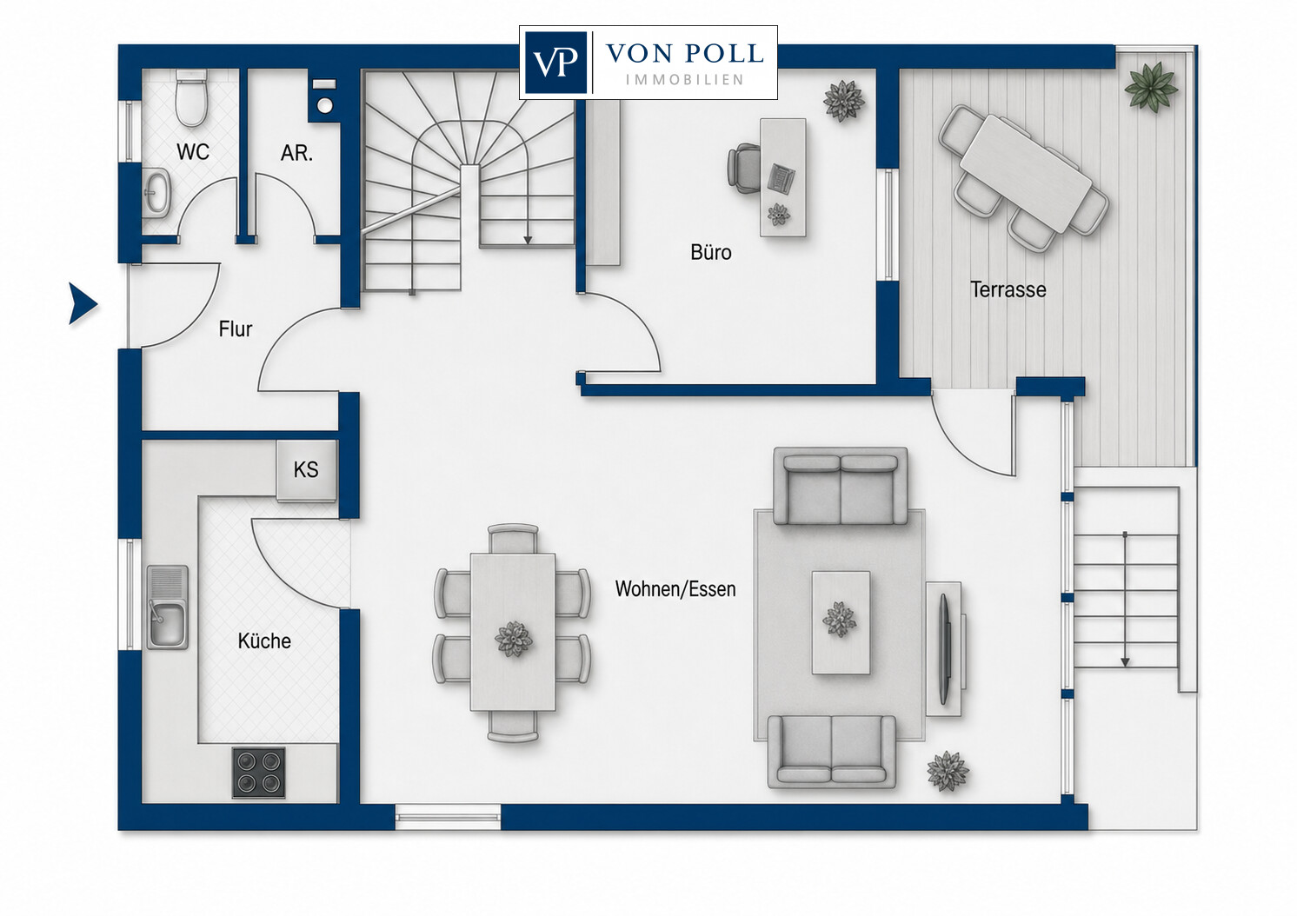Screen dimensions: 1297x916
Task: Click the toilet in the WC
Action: [191, 98]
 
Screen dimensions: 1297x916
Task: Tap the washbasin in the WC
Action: [156, 190]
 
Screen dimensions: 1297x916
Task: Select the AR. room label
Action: [296, 153]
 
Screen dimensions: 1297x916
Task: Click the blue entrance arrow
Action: [83, 303]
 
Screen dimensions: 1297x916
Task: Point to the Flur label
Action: [235, 329]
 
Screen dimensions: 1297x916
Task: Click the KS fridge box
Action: [306, 469]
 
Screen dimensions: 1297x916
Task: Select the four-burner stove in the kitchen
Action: [259, 773]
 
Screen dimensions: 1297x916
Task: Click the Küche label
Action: [264, 641]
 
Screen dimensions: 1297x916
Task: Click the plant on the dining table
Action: [513, 640]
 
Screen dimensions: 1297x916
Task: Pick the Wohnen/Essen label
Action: [675, 589]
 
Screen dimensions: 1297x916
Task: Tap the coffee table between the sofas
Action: [841, 622]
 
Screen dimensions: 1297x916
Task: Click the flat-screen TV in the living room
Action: [944, 648]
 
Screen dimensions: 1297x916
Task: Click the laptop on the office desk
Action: [782, 178]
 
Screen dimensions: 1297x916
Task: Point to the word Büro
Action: [710, 252]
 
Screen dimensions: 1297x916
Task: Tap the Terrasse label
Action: [1008, 289]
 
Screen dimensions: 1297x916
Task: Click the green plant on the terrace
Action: [1150, 87]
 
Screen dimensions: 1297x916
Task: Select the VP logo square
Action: [555, 62]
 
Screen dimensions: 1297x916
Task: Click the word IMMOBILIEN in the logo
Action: [684, 80]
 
